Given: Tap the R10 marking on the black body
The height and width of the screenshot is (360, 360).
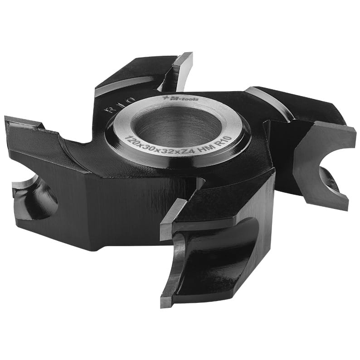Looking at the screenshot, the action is (119, 105).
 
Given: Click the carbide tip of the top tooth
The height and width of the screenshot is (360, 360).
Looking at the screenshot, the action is (182, 72).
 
